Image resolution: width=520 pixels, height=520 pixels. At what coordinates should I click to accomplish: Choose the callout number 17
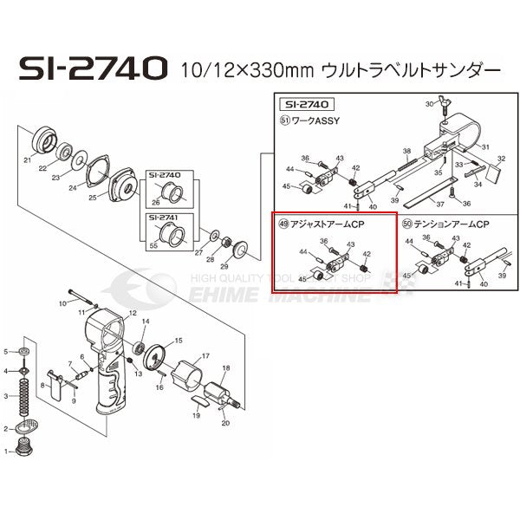[205, 356]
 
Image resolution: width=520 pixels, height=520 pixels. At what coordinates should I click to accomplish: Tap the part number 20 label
[225, 424]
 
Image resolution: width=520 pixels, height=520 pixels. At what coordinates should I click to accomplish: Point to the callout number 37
[440, 205]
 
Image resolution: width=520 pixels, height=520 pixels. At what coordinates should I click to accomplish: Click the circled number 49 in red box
[283, 223]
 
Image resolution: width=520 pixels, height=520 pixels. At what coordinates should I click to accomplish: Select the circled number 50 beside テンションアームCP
[407, 223]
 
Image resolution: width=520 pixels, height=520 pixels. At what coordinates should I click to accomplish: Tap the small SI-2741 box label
[164, 217]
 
